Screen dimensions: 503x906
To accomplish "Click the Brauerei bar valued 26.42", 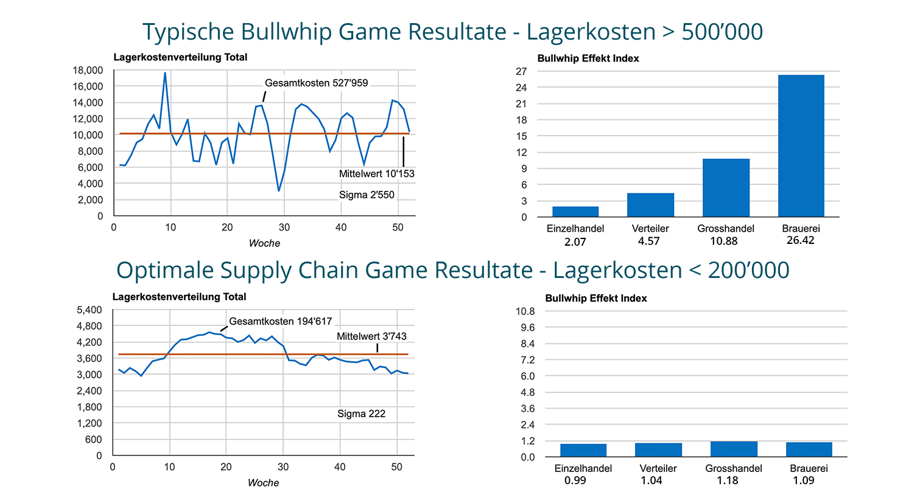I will coord(801,146).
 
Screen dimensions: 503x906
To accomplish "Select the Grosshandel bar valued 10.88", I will coord(726,188).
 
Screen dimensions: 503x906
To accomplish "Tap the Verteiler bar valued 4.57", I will coord(650,205).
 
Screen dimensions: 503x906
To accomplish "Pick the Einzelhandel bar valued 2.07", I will coord(575,212).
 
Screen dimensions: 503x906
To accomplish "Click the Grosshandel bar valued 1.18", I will coord(734,449).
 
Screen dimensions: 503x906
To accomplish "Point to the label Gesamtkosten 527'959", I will coord(316,83).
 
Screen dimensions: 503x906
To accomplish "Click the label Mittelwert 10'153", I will coord(376,173).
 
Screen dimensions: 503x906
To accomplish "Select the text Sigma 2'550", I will coord(367,195).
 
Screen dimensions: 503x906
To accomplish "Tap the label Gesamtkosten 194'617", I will coord(280,321).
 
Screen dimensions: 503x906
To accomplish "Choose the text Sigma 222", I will coord(361,414).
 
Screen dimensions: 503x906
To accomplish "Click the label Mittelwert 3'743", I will coord(371,336).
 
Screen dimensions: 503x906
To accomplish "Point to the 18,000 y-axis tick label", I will coord(88,70).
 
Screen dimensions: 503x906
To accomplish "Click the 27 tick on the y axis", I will coord(521,71).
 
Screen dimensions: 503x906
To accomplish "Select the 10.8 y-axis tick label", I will coord(525,311).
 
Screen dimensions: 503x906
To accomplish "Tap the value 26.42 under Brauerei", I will coord(800,240).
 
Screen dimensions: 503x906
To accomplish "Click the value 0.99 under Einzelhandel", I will coord(575,480).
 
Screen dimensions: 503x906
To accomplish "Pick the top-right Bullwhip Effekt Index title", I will coord(588,58).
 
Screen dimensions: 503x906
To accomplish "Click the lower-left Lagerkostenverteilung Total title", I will coord(179,297).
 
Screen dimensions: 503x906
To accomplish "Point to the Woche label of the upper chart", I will coord(264,243).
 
